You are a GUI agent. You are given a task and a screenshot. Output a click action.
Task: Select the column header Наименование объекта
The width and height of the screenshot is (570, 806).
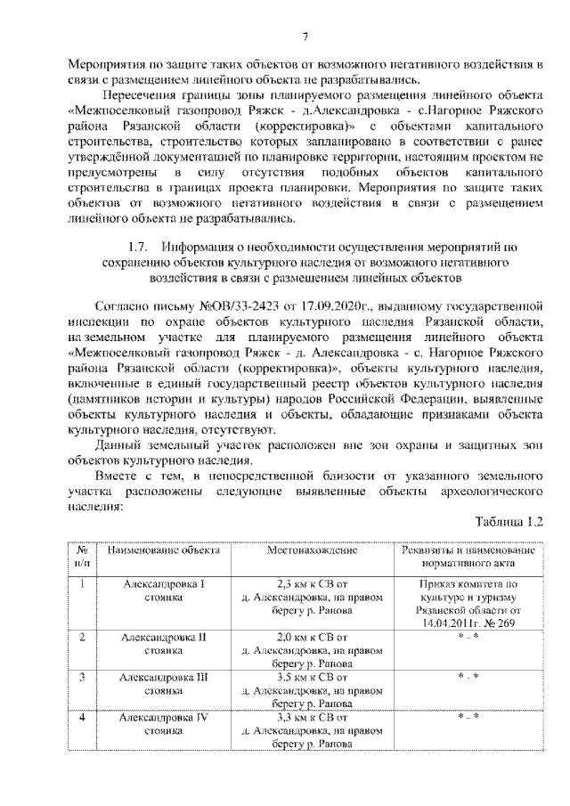point(163,550)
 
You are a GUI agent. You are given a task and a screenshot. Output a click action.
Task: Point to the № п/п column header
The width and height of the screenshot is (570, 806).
point(81,557)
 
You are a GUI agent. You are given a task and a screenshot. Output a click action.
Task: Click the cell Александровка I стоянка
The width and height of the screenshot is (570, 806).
point(163,591)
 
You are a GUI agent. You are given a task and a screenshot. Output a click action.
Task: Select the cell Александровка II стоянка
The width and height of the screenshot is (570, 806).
point(163,645)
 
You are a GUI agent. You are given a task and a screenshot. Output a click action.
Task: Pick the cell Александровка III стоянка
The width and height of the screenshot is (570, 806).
point(163,684)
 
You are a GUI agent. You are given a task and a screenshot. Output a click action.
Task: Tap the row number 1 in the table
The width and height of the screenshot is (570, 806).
point(81,584)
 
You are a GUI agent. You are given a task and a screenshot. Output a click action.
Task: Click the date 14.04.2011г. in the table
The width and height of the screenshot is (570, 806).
point(440,623)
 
